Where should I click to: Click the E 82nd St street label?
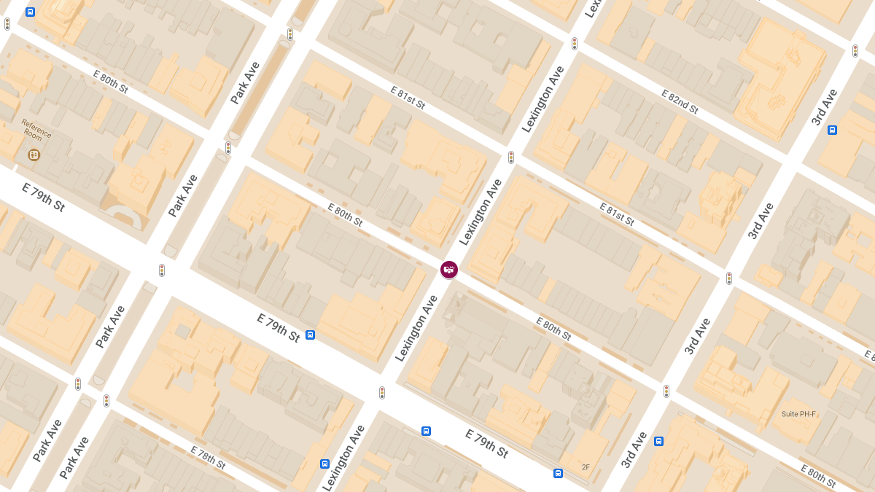[x=680, y=102]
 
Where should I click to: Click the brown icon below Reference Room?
[x=34, y=155]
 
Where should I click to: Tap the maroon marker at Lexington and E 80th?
[x=449, y=270]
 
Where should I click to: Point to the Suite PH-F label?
[x=799, y=414]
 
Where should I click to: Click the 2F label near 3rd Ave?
[x=586, y=466]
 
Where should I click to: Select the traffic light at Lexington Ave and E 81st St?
[x=511, y=157]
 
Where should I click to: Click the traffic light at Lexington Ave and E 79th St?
[x=381, y=392]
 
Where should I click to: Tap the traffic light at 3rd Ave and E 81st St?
[x=728, y=278]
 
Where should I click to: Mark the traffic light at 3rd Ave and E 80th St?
[x=666, y=391]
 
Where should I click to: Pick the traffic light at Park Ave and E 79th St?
[x=162, y=270]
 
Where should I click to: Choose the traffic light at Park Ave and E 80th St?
[x=228, y=148]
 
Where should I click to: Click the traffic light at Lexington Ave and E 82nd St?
[x=575, y=44]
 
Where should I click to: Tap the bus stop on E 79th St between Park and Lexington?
[x=311, y=335]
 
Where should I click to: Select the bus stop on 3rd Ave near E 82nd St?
[x=832, y=130]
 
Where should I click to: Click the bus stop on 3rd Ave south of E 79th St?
[x=658, y=440]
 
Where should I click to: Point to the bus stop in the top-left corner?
[x=30, y=12]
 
